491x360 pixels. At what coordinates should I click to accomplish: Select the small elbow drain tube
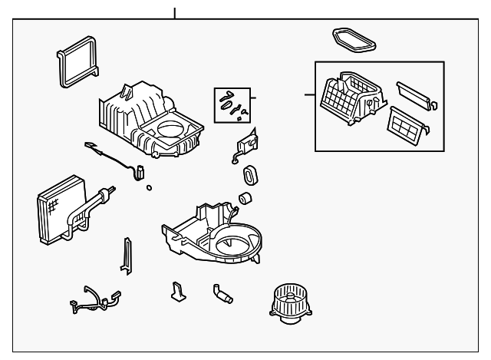(x=222, y=293)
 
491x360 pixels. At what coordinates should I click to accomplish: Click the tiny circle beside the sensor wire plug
(x=148, y=187)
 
